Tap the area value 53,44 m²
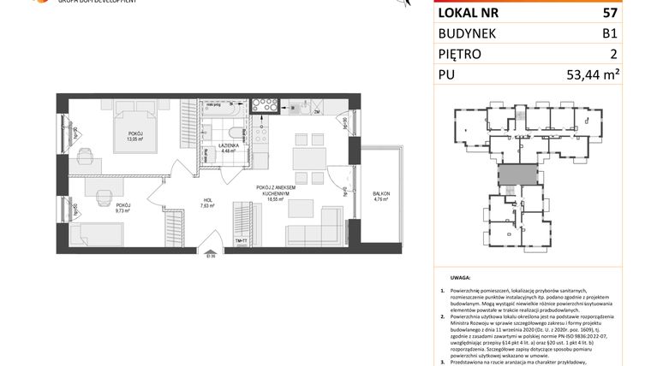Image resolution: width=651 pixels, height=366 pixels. (605, 74)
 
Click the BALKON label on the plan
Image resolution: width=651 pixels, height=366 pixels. (380, 195)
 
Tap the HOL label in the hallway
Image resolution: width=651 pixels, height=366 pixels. (206, 203)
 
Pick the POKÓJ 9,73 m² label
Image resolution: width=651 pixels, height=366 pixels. (124, 208)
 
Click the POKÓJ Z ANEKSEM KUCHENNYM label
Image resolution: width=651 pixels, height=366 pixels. (275, 190)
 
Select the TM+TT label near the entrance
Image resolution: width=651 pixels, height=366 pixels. (242, 242)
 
